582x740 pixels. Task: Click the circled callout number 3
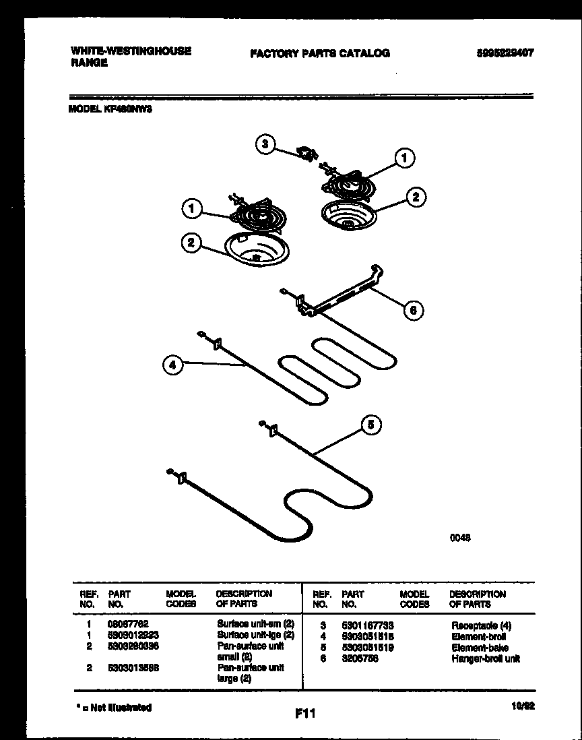[265, 144]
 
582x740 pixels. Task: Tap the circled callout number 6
[414, 310]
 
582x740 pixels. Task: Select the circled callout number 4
[172, 365]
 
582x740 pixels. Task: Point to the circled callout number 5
[370, 425]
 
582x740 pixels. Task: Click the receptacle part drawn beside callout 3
[308, 154]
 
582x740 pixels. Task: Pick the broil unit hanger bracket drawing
[337, 291]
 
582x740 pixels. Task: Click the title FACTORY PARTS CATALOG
[319, 53]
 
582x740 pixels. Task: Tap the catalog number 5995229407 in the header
[500, 53]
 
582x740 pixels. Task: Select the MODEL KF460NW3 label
[110, 108]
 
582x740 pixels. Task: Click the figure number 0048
[460, 537]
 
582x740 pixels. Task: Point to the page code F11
[305, 712]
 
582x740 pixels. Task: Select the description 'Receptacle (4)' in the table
[481, 626]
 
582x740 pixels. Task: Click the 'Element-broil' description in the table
[479, 636]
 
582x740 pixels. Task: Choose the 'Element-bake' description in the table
[479, 647]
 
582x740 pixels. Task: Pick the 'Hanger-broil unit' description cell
[485, 658]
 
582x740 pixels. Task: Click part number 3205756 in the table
[360, 658]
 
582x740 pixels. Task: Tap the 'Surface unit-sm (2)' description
[255, 625]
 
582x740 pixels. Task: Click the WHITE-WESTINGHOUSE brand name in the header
[130, 51]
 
